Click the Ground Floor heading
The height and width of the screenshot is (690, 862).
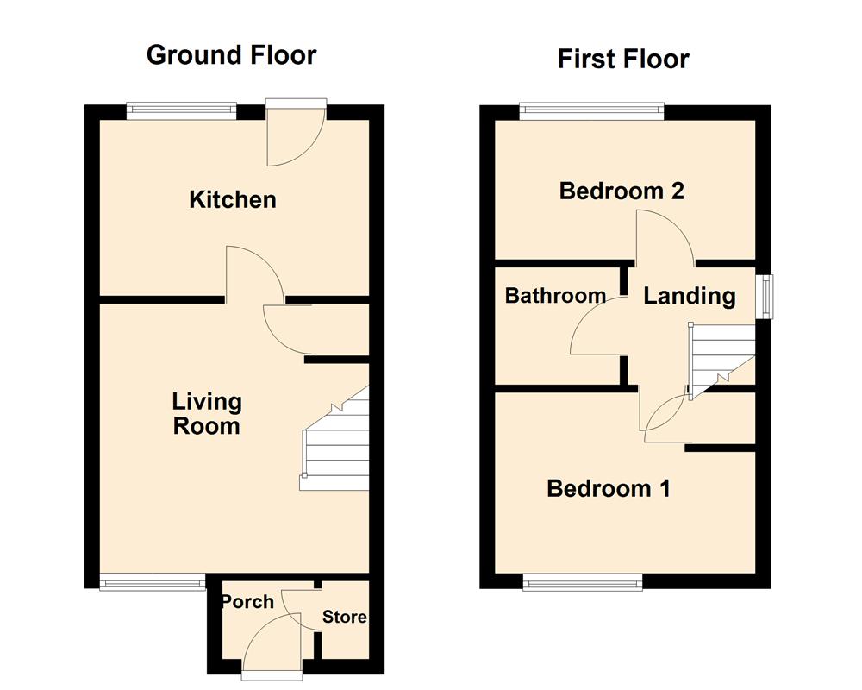coord(231,55)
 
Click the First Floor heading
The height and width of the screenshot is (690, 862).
coord(623,59)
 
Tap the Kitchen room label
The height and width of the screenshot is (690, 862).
coord(233,200)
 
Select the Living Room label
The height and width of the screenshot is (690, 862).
coord(207,413)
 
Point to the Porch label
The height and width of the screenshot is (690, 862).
coord(247,601)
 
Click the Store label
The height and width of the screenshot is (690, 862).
coord(344,617)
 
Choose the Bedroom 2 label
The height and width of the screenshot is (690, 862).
coord(622,191)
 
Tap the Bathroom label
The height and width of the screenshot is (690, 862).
coord(555,296)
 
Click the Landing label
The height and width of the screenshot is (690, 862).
coord(690,297)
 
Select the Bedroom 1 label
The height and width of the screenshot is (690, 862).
coord(609,489)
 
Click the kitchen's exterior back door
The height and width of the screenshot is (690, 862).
coord(297,134)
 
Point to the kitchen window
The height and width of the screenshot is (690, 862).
coord(181,110)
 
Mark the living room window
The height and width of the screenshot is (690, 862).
coord(153,583)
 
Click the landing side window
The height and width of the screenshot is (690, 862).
coord(764,297)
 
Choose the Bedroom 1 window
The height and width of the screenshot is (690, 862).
coord(583,584)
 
